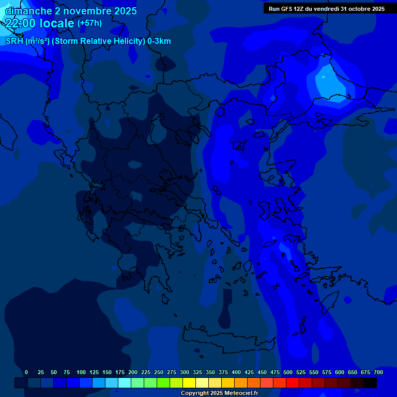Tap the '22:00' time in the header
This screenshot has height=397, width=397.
point(21,23)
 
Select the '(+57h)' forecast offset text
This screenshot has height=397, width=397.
point(89,23)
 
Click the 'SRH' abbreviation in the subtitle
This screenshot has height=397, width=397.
point(14,41)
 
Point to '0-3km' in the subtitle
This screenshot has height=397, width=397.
point(159,41)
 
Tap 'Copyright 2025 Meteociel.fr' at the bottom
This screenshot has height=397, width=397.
point(219,393)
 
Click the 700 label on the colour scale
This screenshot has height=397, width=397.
point(378,372)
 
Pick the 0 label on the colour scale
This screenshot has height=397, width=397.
point(26,372)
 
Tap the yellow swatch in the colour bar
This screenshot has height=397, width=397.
point(189,383)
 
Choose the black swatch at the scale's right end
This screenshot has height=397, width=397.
point(370,383)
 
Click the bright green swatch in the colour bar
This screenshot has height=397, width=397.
point(163,383)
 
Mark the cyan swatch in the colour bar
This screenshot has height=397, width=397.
point(125,383)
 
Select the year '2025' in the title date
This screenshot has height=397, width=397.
point(125,10)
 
